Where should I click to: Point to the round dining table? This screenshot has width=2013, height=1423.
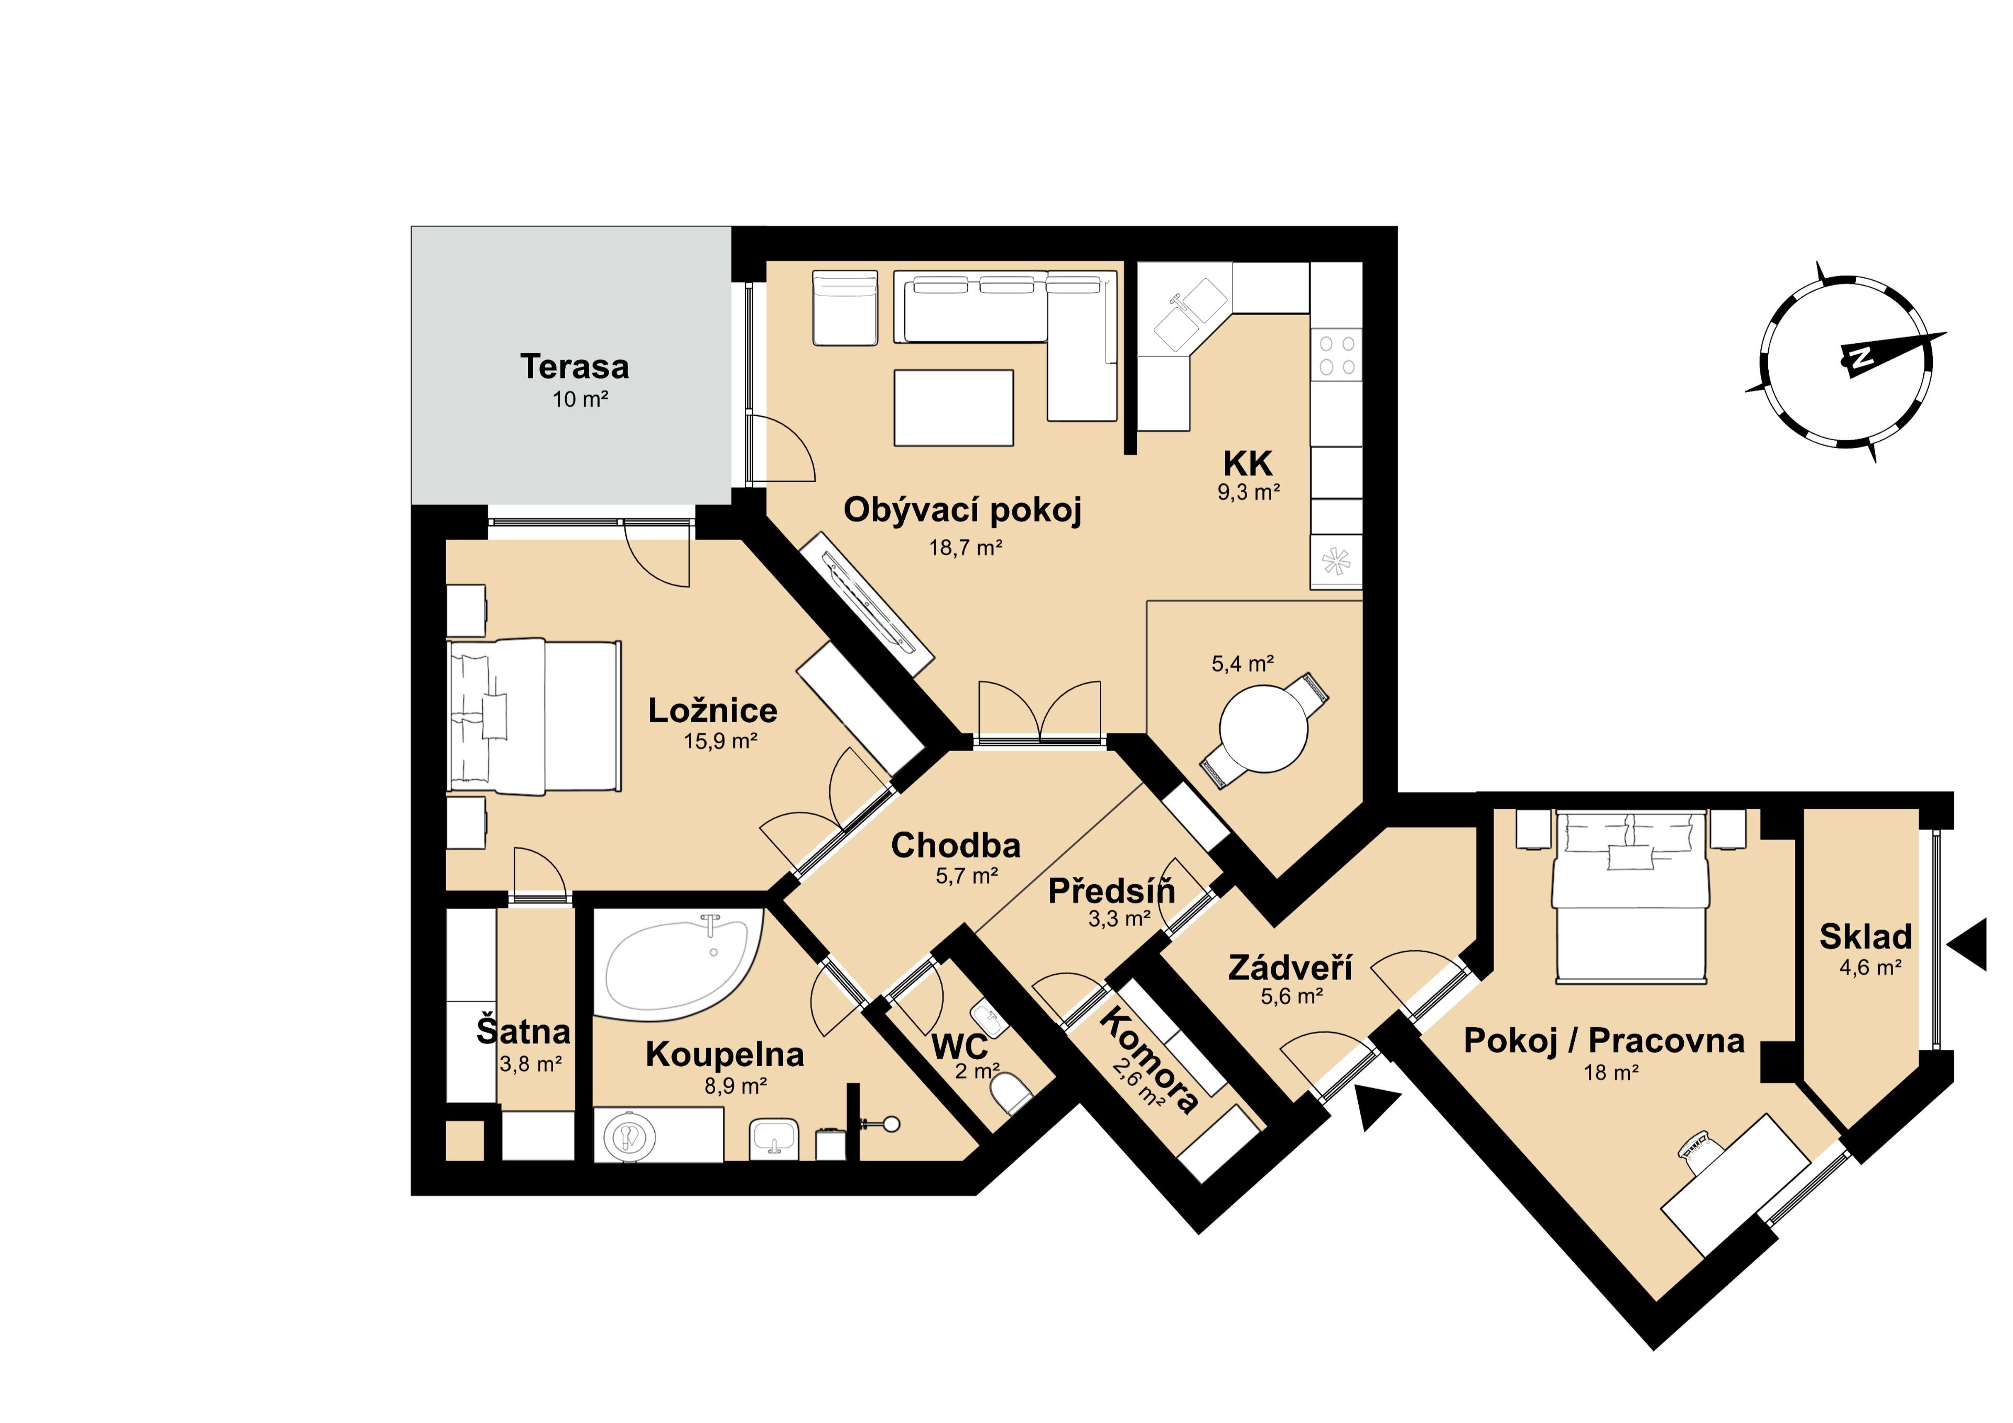(x=1264, y=729)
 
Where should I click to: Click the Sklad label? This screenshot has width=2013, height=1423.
(x=1865, y=937)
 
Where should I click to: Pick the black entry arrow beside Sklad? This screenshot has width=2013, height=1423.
(x=1968, y=945)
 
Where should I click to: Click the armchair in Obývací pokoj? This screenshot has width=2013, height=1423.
(x=845, y=307)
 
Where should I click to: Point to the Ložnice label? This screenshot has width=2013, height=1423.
(x=713, y=710)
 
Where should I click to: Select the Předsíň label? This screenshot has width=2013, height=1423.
(x=1112, y=891)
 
